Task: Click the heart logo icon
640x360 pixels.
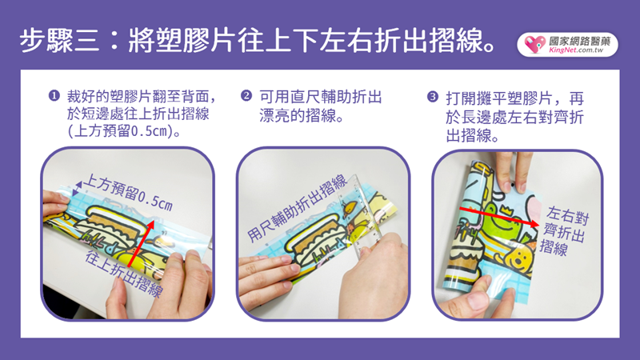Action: (x=534, y=44)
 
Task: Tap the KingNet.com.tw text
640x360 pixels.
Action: (x=576, y=50)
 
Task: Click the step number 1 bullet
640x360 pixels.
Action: (x=54, y=96)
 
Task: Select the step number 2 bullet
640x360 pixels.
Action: (x=246, y=96)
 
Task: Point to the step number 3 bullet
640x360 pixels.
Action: (x=432, y=97)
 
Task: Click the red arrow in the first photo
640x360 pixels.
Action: (x=141, y=244)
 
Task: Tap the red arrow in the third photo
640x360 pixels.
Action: (x=499, y=217)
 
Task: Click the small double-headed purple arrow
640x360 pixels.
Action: (x=77, y=188)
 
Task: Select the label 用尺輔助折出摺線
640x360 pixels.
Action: (x=298, y=208)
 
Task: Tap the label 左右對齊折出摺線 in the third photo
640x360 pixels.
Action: (x=565, y=231)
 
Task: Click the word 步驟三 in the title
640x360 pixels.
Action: (x=59, y=41)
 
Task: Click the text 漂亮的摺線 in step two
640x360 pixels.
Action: (x=298, y=115)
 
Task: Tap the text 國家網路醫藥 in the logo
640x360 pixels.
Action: (x=579, y=41)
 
